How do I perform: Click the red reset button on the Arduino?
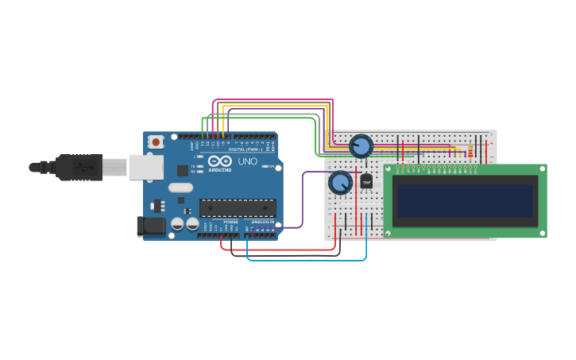[x=156, y=142]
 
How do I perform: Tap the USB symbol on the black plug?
[x=82, y=168]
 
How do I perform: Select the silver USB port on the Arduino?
[x=146, y=167]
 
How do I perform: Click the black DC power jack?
[x=151, y=226]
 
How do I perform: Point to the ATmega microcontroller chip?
[x=238, y=208]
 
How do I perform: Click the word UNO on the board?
[x=247, y=161]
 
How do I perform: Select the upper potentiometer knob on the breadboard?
[x=361, y=146]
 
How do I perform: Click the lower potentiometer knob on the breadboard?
[x=340, y=183]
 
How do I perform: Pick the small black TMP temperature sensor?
[x=366, y=182]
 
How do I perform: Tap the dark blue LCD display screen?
[x=465, y=201]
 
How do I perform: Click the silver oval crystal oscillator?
[x=180, y=188]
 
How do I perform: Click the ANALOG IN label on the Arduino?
[x=262, y=222]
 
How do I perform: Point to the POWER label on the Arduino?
[x=230, y=222]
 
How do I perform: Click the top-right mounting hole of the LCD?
[x=542, y=168]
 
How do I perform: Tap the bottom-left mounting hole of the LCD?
[x=388, y=233]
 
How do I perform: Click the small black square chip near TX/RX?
[x=182, y=170]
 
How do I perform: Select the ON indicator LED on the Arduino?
[x=265, y=167]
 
